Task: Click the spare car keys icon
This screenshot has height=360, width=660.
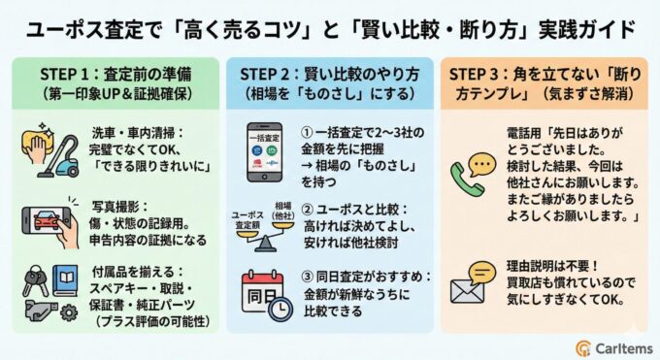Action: [31, 281]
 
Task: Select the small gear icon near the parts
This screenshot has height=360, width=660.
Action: [67, 312]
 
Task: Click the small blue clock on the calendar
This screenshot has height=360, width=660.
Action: [280, 308]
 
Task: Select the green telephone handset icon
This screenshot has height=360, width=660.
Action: [468, 179]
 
